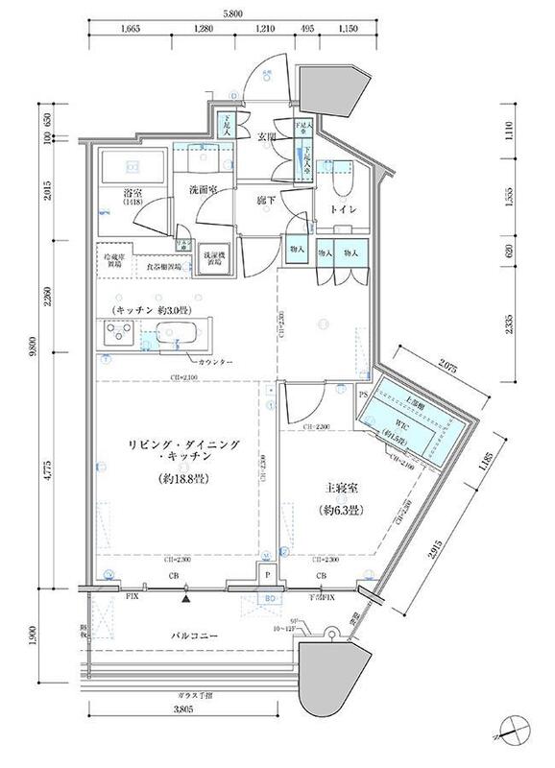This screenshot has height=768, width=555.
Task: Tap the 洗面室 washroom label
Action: (x=204, y=190)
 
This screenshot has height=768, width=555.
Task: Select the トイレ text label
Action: (x=346, y=209)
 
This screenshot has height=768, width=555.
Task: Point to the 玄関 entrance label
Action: (x=266, y=137)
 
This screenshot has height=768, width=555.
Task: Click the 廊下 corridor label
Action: (x=268, y=201)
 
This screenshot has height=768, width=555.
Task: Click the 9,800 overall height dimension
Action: (x=32, y=352)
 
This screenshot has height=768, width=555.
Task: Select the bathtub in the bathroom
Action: (x=134, y=164)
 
